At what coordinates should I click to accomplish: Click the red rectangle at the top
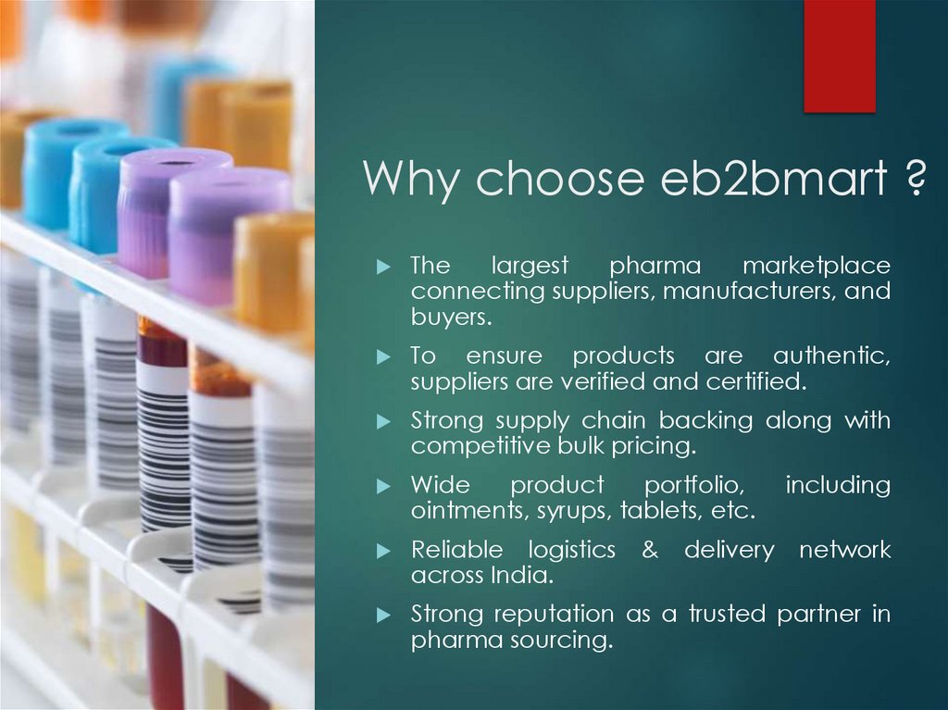[x=839, y=56]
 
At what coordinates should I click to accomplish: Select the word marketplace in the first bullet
[x=816, y=267]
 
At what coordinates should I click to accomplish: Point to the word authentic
[x=831, y=356]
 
